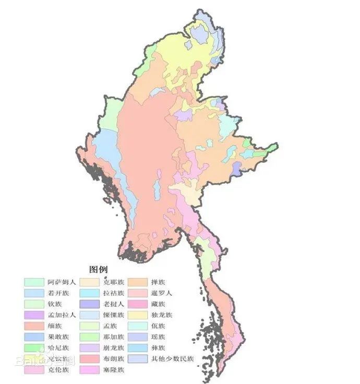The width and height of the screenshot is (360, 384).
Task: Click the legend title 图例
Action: (98, 270)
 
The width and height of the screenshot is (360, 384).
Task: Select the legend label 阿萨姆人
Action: (62, 282)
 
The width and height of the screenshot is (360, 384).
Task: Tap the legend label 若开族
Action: (58, 293)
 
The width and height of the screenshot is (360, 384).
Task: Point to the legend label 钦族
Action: (55, 304)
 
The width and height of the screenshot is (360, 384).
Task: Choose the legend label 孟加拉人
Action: (62, 315)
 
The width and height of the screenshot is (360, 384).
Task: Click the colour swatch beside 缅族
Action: (33, 326)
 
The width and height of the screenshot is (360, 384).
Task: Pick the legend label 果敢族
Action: (58, 337)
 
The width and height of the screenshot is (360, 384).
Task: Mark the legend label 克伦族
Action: (58, 370)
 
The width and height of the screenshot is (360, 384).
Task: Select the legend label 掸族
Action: (158, 282)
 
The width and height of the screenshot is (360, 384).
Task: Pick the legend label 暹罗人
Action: (161, 293)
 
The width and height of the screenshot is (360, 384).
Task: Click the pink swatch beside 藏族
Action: (137, 304)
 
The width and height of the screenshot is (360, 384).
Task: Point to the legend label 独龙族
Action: (161, 315)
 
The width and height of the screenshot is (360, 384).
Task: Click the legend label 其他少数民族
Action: (172, 359)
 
